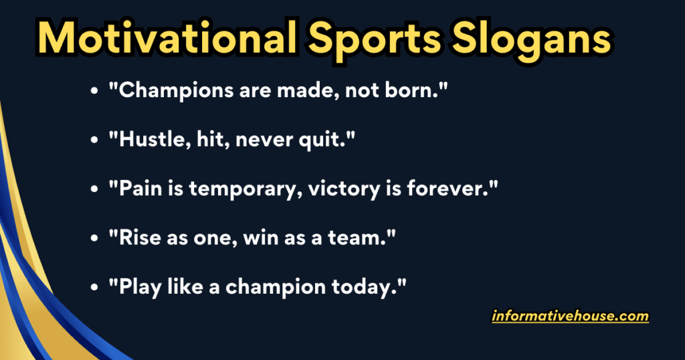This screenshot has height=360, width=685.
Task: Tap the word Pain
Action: [x=137, y=189]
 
